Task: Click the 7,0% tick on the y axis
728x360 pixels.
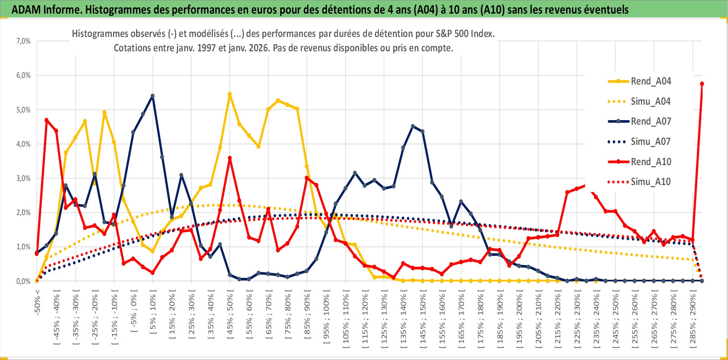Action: (x=23, y=41)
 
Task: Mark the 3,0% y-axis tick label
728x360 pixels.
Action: (x=23, y=178)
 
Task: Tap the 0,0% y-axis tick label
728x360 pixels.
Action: (x=23, y=281)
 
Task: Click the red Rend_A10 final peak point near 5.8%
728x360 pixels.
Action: (x=702, y=84)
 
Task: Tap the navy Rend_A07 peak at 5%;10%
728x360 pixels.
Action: (x=153, y=96)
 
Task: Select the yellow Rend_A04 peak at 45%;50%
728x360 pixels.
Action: (x=230, y=94)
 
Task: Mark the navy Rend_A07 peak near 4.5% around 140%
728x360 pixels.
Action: (x=413, y=126)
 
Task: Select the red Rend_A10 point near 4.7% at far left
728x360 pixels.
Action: (x=46, y=120)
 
